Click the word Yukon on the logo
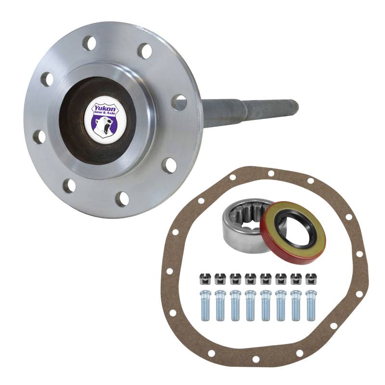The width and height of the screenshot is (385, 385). coord(102,108)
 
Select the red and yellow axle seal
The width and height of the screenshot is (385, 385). coord(293,235)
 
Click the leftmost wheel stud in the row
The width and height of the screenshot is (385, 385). coord(205,305)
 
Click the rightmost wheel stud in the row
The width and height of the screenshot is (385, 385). coord(311,305)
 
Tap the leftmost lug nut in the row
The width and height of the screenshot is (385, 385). coord(205,279)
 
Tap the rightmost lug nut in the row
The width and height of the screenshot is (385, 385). coord(311,279)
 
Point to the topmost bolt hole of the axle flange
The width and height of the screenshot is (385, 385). coord(89,43)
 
